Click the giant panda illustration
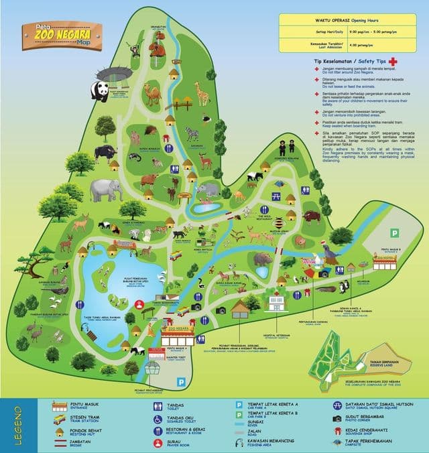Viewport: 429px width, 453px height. (101, 92)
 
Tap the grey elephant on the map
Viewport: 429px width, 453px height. (107, 190)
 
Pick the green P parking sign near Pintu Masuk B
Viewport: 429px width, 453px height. (395, 233)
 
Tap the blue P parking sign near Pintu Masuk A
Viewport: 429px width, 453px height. (180, 381)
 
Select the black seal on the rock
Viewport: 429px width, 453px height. (330, 254)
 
